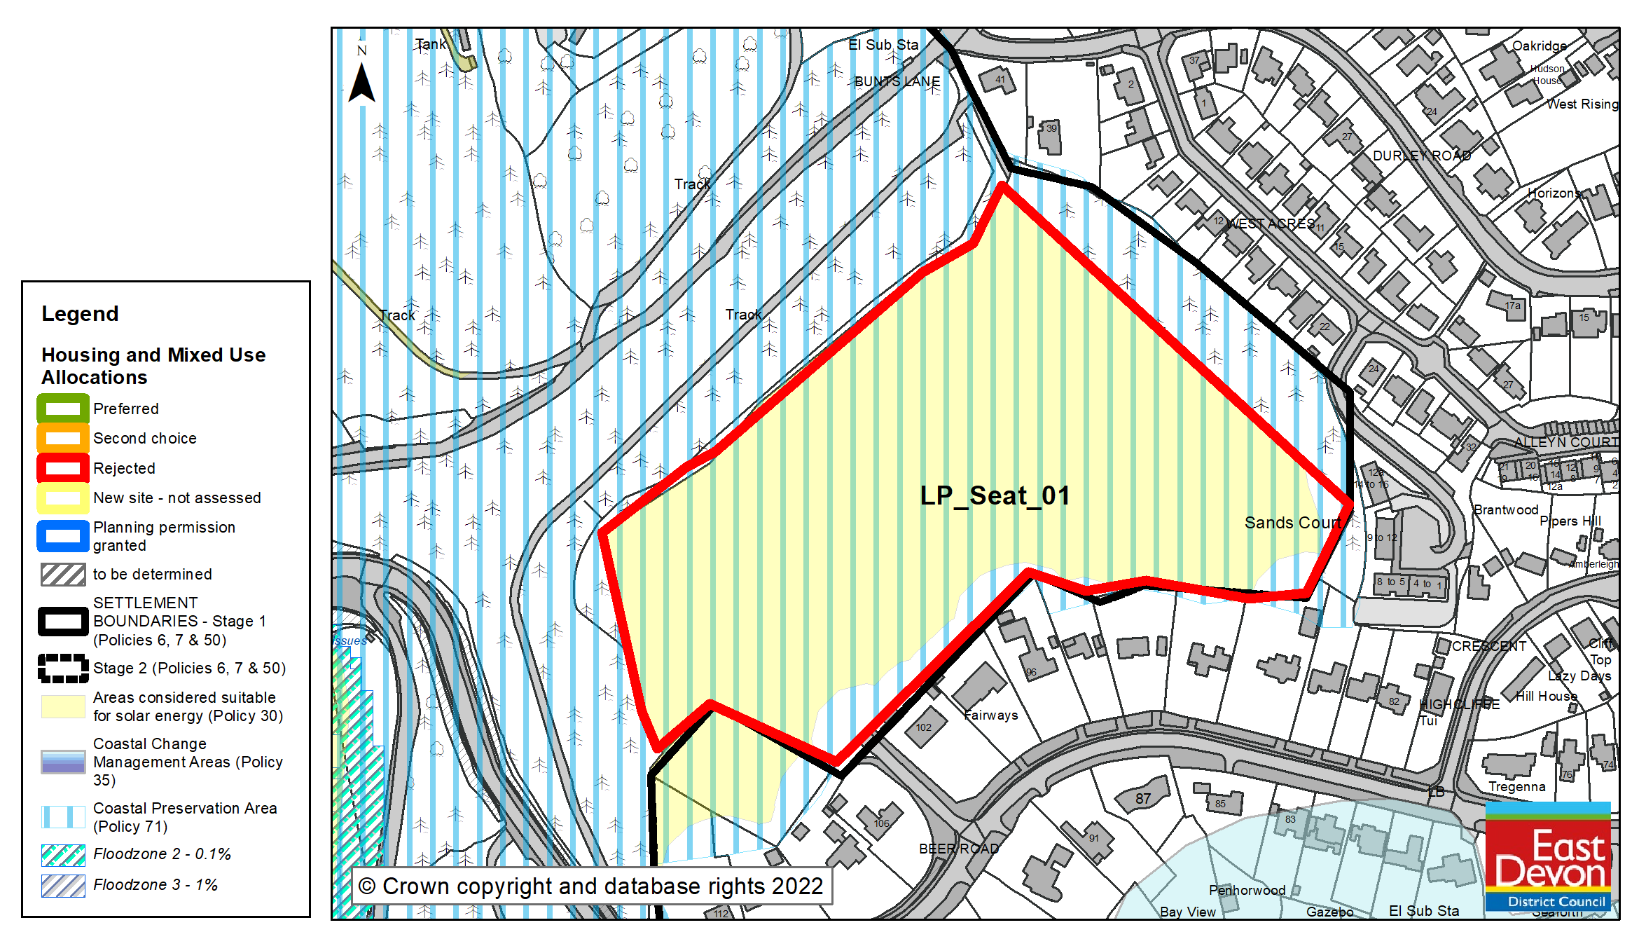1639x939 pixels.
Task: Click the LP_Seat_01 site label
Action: [x=995, y=495]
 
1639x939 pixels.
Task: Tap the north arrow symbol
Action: [x=361, y=81]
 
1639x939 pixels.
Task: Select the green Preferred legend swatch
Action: [x=63, y=409]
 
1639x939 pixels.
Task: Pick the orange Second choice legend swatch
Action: [x=63, y=438]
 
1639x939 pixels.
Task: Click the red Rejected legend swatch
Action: [x=63, y=468]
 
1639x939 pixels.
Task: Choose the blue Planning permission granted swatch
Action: [x=63, y=536]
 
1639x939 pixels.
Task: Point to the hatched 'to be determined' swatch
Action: [x=63, y=575]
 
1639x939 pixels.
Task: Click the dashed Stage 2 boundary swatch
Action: [x=63, y=668]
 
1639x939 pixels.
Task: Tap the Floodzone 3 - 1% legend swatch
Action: [x=63, y=885]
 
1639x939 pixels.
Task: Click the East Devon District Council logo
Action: [x=1548, y=857]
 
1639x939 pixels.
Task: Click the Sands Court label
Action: [x=1292, y=523]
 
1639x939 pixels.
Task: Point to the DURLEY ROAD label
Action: [x=1421, y=156]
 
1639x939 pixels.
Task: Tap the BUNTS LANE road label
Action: [x=897, y=81]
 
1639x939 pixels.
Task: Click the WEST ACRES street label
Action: [x=1271, y=224]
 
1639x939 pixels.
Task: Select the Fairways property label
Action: [x=991, y=715]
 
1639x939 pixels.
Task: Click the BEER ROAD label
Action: [x=959, y=849]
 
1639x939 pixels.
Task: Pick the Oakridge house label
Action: [x=1539, y=46]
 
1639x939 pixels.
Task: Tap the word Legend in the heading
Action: [x=80, y=313]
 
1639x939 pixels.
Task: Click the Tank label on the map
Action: [x=430, y=44]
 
